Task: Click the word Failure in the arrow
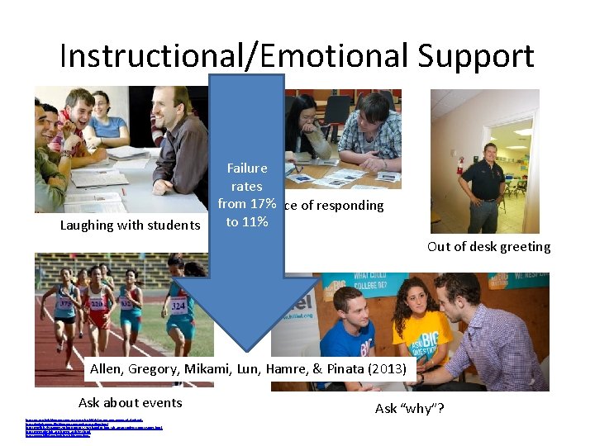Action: point(247,168)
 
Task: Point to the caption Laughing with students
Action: point(130,225)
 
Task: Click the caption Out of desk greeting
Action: point(488,246)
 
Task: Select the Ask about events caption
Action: point(130,402)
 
